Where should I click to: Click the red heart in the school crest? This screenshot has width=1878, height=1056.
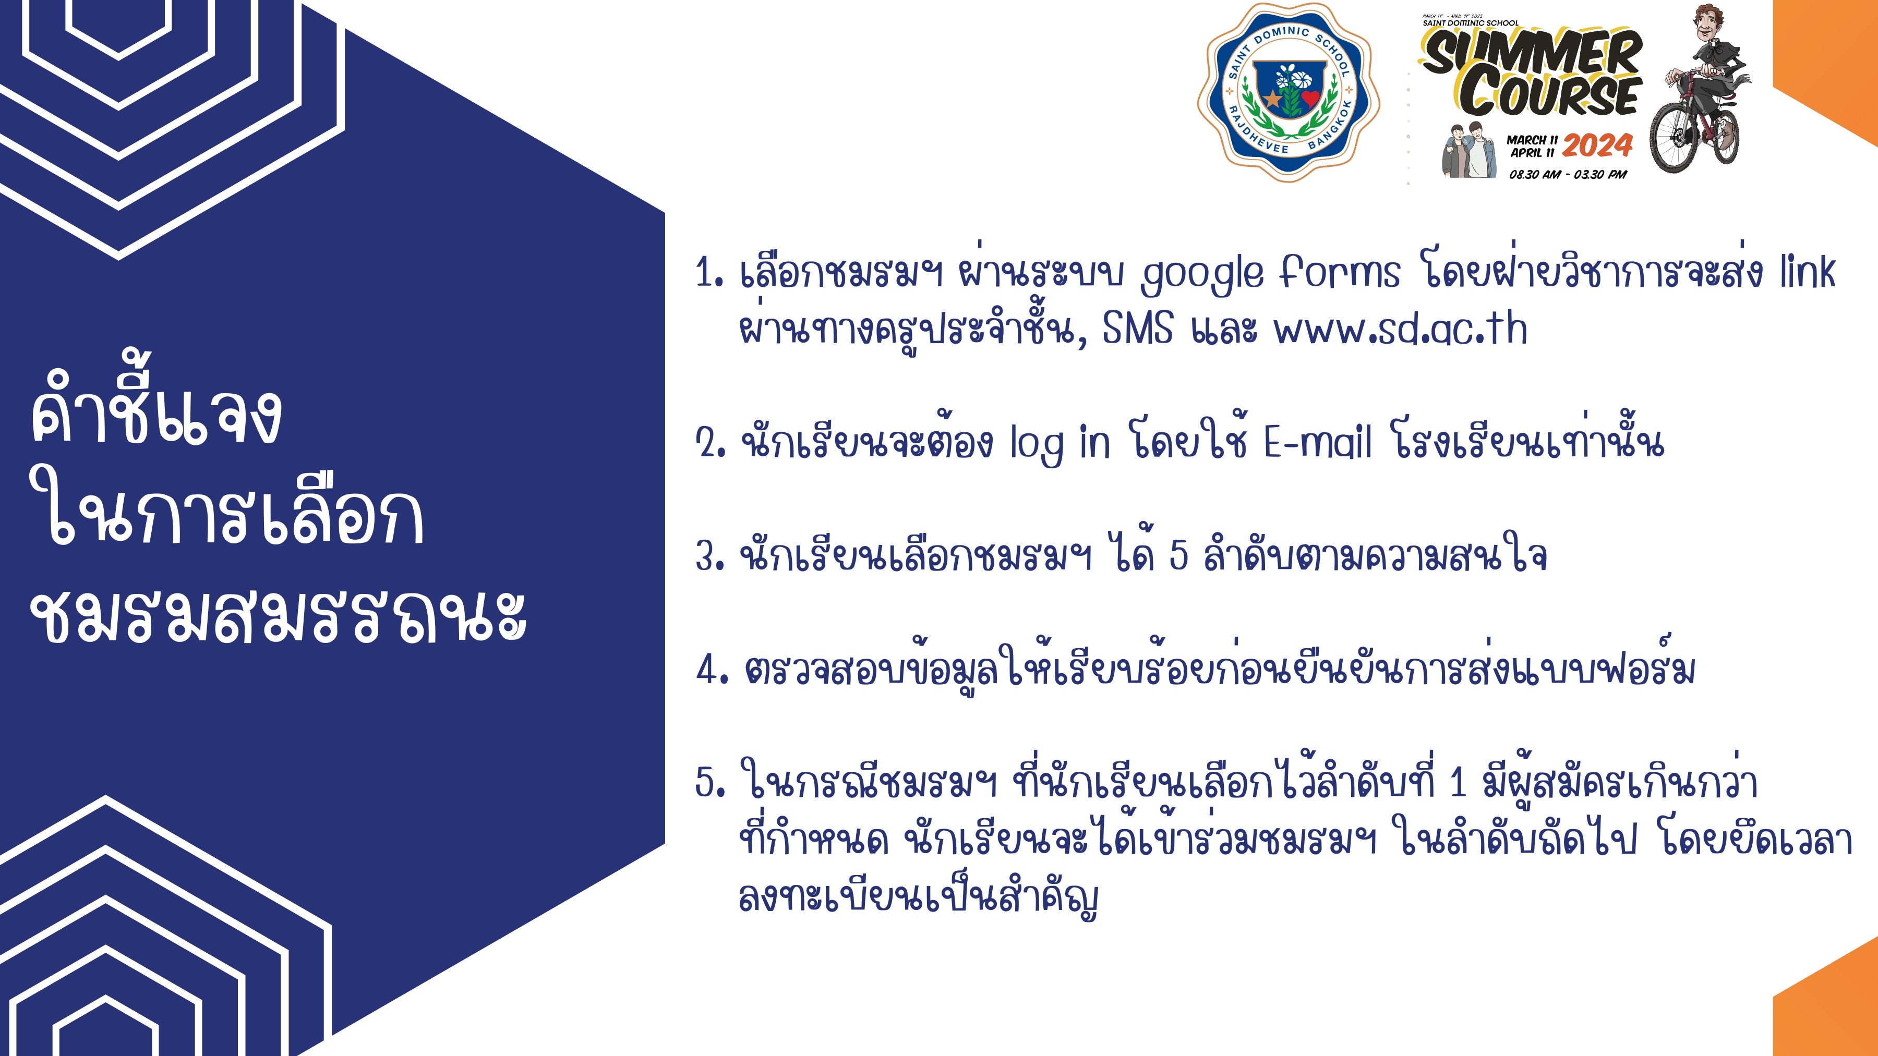(x=1309, y=98)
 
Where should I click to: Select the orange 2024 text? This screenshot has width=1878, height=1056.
(x=1597, y=146)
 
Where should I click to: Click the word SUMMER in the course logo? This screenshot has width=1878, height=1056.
(x=1532, y=52)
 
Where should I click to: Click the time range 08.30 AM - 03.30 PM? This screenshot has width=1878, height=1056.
(x=1568, y=174)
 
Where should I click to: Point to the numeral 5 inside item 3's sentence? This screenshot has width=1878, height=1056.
(x=1179, y=555)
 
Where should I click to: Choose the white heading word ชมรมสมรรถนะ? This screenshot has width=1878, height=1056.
(x=278, y=616)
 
